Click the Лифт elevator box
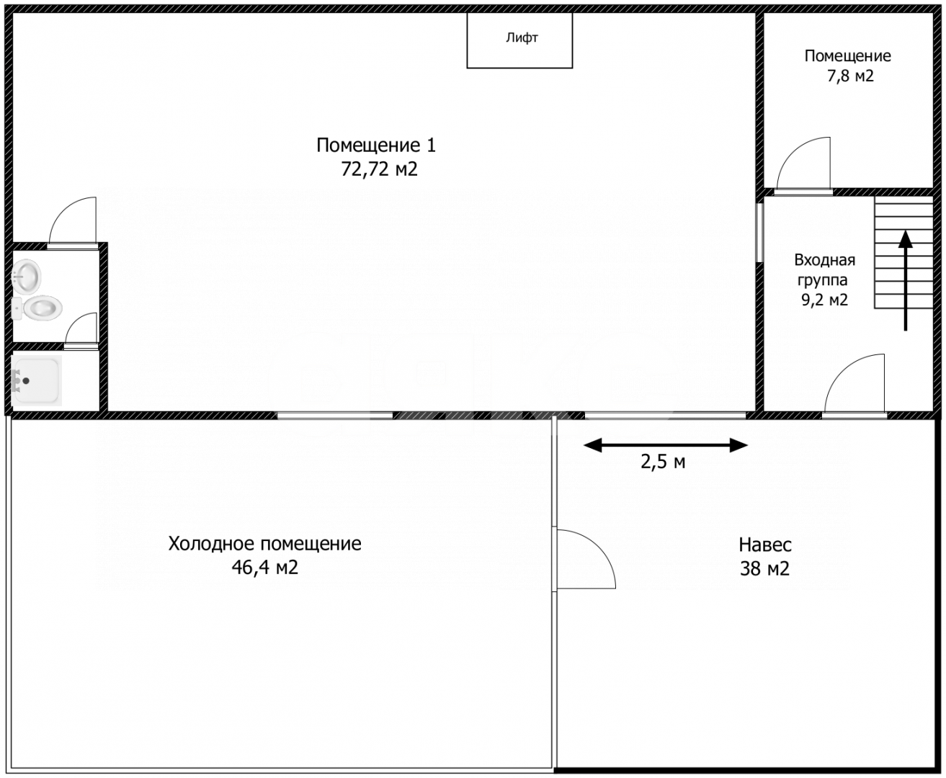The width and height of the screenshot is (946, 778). pos(519,40)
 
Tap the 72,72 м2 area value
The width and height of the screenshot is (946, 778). pos(379,169)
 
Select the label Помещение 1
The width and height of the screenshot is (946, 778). pos(376,146)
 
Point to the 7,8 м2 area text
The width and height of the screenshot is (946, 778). pos(850,76)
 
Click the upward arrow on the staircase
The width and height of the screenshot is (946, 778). pos(905,281)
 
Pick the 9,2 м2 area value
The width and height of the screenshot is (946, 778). pos(824,300)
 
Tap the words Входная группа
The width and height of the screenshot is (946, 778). pos(824,269)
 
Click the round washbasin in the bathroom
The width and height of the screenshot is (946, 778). pos(26,276)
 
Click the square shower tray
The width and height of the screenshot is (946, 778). pos(36,380)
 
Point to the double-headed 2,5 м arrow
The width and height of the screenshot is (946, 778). pos(665,445)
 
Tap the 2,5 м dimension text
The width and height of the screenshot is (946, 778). pos(663,462)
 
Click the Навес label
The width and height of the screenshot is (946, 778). pos(764,545)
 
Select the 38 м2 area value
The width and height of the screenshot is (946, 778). pos(764,568)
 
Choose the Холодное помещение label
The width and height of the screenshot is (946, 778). pos(264,543)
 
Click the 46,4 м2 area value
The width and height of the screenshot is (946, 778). pos(264,567)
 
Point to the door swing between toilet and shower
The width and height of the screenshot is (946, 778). pos(75,321)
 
